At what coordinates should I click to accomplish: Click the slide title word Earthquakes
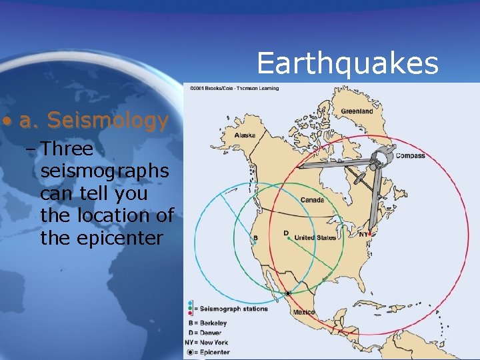click(x=347, y=63)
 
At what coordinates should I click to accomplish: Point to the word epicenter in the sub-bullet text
click(x=101, y=238)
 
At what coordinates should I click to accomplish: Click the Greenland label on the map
click(x=357, y=111)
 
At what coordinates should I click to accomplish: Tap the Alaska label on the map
click(x=245, y=135)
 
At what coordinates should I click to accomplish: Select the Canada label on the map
click(x=312, y=200)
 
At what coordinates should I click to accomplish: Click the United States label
click(x=315, y=237)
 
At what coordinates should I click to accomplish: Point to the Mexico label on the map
click(x=304, y=312)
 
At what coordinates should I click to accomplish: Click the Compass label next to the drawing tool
click(x=410, y=156)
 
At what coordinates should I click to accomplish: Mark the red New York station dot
click(x=369, y=235)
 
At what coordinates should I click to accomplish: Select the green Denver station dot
click(x=288, y=238)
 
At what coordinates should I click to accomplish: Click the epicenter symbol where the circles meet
click(x=288, y=293)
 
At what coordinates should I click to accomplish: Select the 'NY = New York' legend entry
click(x=206, y=342)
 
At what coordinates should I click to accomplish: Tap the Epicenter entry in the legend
click(x=208, y=352)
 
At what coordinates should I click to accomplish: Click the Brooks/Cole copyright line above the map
click(x=234, y=87)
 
